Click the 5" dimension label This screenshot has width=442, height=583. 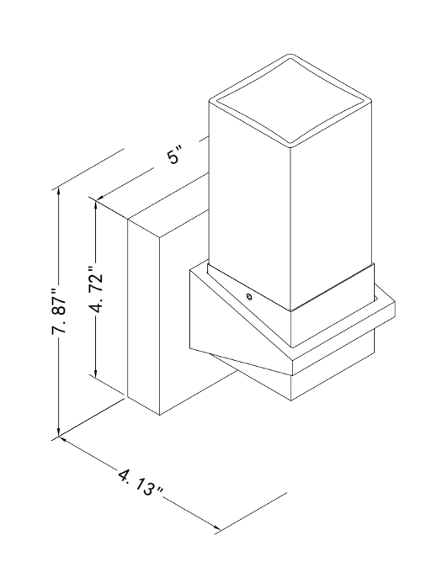click(x=175, y=156)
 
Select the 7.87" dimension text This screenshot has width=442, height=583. click(x=60, y=310)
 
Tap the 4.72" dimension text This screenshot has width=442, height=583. click(x=96, y=289)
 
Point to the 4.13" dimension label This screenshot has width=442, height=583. click(x=141, y=482)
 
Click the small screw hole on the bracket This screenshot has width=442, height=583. click(x=248, y=296)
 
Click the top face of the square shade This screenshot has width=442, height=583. click(x=290, y=100)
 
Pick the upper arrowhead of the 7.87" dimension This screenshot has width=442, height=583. click(x=58, y=194)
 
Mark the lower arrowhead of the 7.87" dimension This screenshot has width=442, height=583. click(x=58, y=429)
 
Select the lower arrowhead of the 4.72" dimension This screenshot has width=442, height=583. click(x=96, y=371)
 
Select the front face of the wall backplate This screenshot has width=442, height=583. click(x=184, y=320)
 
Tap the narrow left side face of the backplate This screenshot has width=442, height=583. click(x=144, y=317)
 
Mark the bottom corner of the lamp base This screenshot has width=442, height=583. click(x=291, y=400)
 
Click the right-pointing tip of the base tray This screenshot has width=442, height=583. click(x=395, y=305)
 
